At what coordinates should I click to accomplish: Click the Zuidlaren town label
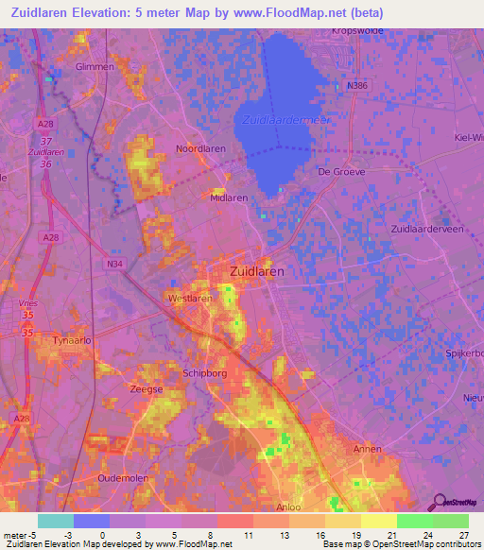pos(258,271)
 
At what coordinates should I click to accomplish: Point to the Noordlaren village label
pos(200,149)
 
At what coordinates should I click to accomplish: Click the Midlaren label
pos(229,198)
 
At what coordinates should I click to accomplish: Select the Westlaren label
pos(190,298)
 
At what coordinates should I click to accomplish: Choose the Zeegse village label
pos(147,387)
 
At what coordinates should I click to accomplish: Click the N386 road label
pos(355,86)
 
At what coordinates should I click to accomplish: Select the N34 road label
pos(115,264)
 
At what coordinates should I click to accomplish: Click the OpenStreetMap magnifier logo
pos(438,501)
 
